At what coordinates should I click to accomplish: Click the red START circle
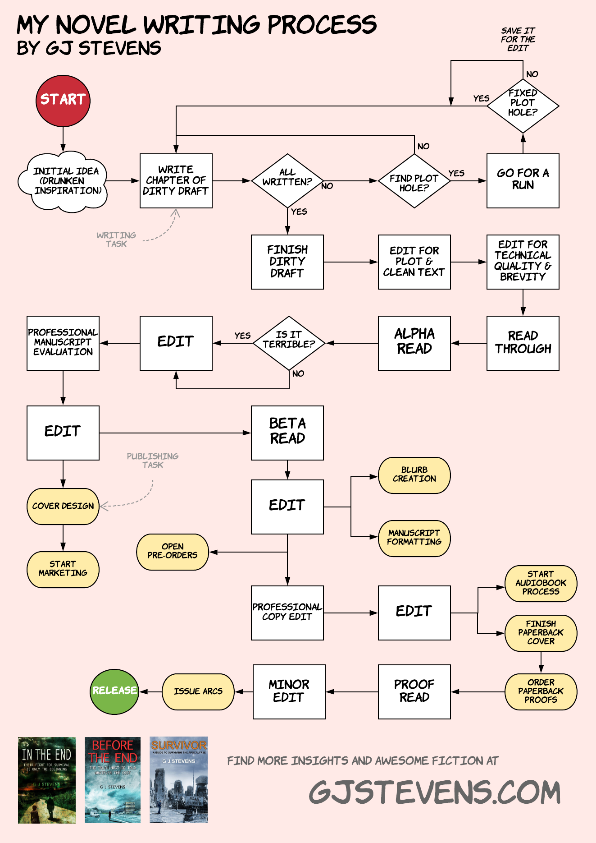click(63, 101)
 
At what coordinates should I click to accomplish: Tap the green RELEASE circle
click(114, 691)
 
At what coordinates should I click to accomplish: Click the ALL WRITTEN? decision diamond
click(287, 180)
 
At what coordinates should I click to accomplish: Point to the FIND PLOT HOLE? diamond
click(414, 181)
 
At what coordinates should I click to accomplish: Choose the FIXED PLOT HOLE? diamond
click(523, 106)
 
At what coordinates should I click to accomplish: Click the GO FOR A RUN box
click(523, 180)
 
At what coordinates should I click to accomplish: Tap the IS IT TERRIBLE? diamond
click(289, 343)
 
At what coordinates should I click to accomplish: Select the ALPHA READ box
click(414, 343)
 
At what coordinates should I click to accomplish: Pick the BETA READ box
click(287, 433)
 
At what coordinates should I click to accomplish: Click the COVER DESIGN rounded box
click(63, 506)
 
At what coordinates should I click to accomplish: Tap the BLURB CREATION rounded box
click(414, 475)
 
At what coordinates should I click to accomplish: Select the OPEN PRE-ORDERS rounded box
click(173, 552)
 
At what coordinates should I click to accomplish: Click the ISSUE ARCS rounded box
click(198, 691)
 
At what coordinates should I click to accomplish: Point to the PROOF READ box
click(414, 691)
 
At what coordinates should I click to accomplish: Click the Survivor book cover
click(178, 779)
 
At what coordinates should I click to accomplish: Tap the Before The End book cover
click(113, 779)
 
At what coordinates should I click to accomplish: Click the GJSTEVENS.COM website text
click(435, 792)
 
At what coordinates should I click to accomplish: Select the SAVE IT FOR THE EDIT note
click(518, 40)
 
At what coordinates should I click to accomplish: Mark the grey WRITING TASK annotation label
click(116, 240)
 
